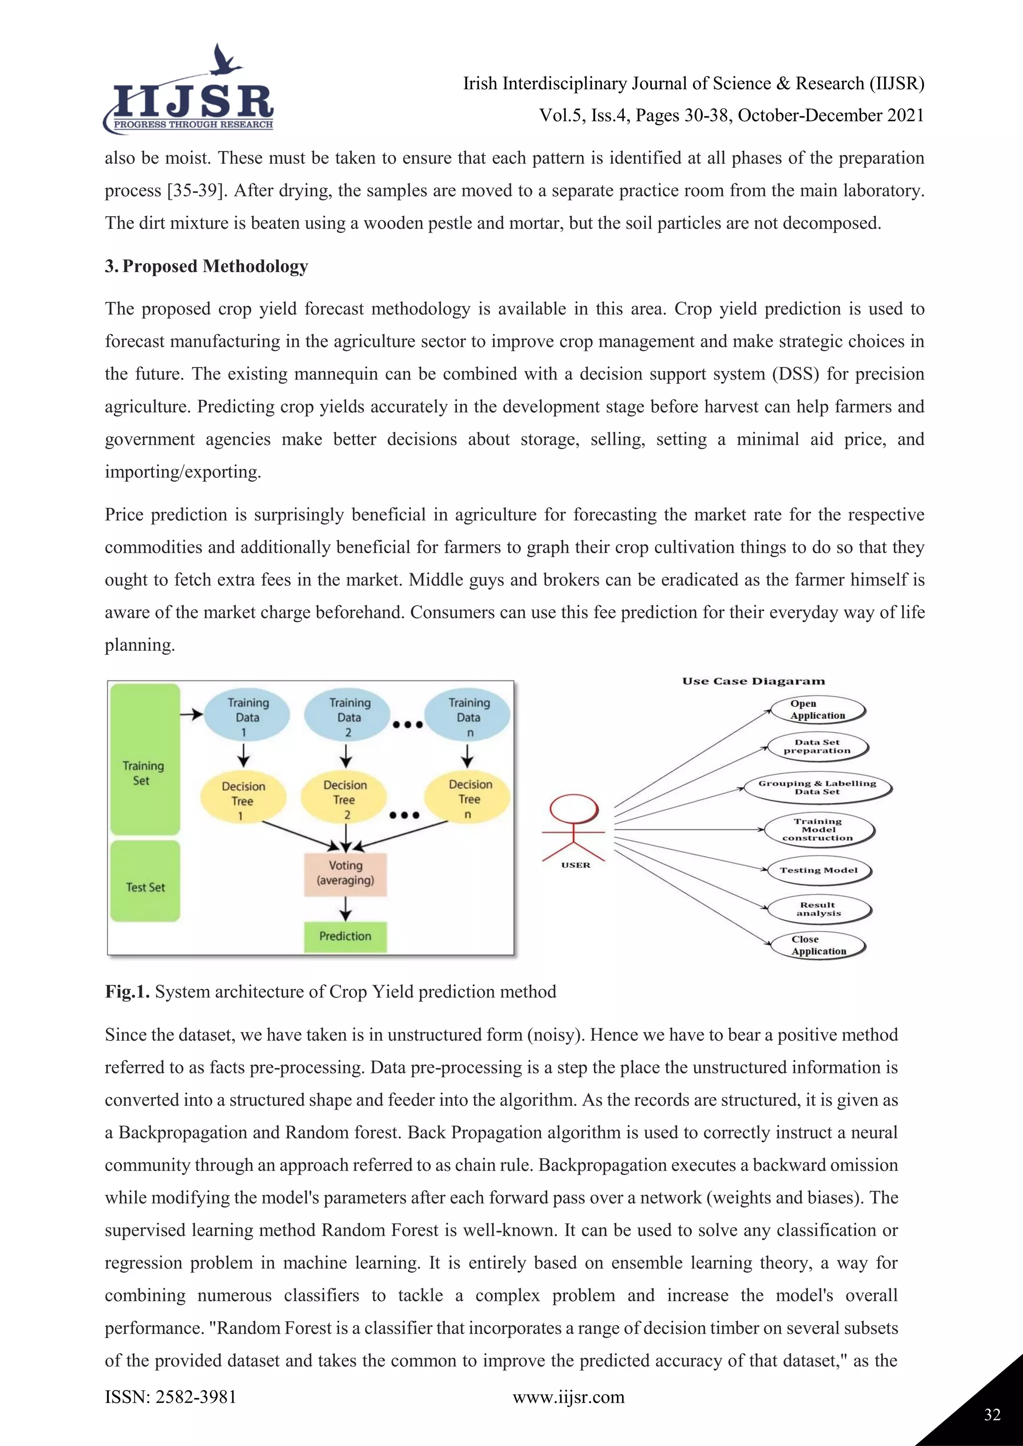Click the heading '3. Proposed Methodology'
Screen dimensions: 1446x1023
tap(206, 267)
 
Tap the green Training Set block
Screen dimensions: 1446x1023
tap(145, 759)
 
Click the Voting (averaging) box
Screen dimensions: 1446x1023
tap(345, 873)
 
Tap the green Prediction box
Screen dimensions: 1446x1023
tap(345, 937)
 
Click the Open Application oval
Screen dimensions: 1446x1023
tap(818, 710)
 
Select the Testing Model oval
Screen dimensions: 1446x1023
tap(818, 870)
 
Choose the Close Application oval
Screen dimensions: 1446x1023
tap(818, 945)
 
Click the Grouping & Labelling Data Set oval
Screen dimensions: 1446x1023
tap(817, 787)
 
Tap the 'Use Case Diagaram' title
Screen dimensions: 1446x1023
tap(753, 681)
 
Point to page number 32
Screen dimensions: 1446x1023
tap(992, 1415)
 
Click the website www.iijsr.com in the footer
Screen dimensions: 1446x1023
tap(568, 1397)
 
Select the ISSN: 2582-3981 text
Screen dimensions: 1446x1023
tap(171, 1397)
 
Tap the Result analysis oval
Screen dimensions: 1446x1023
tap(818, 909)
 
